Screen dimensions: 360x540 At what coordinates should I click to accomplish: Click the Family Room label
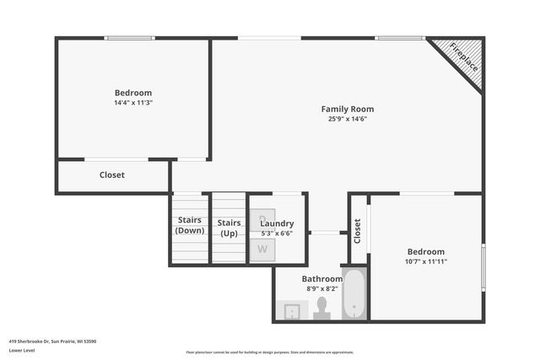[347, 109]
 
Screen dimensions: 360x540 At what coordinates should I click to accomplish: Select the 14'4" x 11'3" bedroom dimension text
[132, 103]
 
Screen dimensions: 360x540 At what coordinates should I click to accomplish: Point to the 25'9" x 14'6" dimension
[347, 119]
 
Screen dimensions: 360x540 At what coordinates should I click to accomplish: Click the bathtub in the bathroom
[354, 293]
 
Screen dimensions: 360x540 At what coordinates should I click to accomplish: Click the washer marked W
[262, 250]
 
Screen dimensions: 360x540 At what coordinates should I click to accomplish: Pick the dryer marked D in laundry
[262, 218]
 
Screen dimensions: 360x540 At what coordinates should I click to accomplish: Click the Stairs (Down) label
[190, 225]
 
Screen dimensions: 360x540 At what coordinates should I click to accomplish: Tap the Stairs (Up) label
[229, 228]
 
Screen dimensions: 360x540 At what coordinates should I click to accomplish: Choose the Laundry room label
[277, 223]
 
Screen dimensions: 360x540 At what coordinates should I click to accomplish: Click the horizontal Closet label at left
[112, 175]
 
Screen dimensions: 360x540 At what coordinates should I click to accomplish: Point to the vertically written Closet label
[358, 230]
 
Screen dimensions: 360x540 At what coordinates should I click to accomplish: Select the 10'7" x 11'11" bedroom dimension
[426, 261]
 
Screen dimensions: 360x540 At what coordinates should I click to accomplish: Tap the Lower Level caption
[22, 350]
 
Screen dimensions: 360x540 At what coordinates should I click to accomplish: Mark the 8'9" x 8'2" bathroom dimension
[322, 288]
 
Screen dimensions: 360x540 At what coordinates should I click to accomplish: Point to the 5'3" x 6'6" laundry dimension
[277, 234]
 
